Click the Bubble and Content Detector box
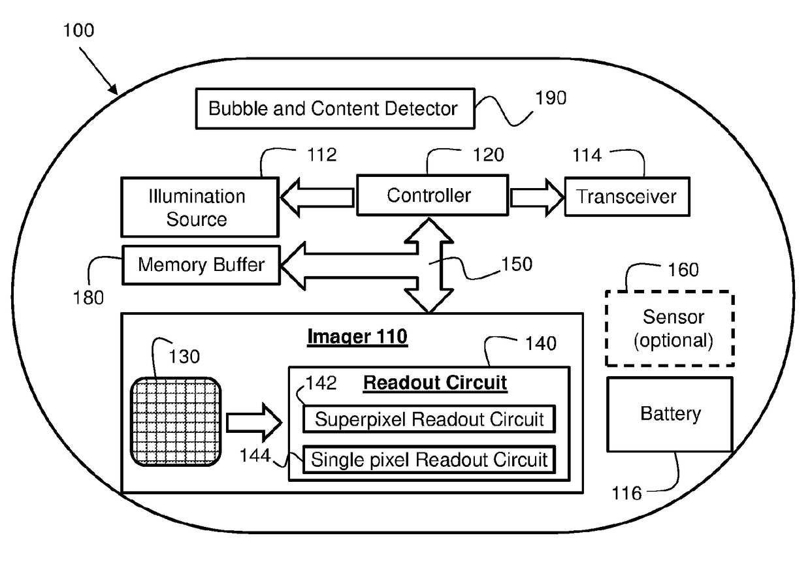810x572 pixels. click(x=335, y=108)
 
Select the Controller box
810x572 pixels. click(x=432, y=195)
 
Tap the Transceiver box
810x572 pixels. click(x=627, y=197)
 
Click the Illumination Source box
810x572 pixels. click(x=200, y=207)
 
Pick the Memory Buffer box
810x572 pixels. click(x=201, y=265)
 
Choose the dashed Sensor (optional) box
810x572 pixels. click(x=670, y=328)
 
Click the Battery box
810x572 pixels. click(x=670, y=415)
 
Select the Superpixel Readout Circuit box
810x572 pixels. click(x=429, y=419)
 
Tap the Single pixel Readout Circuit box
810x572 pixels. click(x=429, y=460)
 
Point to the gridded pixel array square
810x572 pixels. click(x=176, y=422)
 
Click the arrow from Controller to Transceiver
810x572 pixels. click(x=537, y=198)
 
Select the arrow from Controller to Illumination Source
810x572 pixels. click(x=317, y=198)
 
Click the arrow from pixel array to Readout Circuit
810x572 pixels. click(x=254, y=422)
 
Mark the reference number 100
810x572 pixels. click(x=78, y=30)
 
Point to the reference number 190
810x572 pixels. click(x=551, y=98)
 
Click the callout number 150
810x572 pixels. click(x=517, y=264)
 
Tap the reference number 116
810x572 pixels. click(x=626, y=493)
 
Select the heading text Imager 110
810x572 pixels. click(x=357, y=337)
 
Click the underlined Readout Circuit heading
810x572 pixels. click(x=435, y=383)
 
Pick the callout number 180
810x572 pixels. click(x=88, y=298)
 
